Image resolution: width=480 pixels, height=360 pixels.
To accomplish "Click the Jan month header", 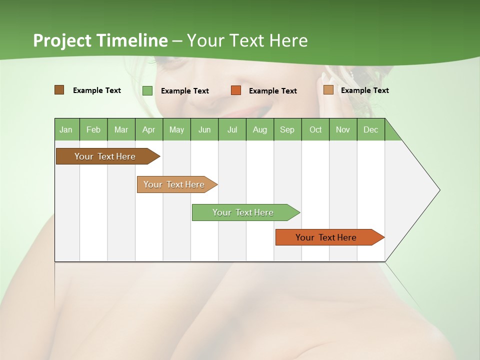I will pos(66,129).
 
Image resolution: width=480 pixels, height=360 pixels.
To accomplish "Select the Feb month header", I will pos(93,129).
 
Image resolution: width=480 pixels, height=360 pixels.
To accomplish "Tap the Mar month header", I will pos(121,129).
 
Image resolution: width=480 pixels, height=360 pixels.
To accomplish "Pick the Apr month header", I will pos(149,129).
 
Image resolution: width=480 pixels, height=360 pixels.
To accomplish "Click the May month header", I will pos(176,129).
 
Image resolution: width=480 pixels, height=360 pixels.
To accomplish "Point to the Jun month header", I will pos(204,129).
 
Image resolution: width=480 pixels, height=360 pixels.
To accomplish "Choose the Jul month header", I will pos(232,129).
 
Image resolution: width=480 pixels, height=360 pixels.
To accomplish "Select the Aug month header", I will pos(260,129).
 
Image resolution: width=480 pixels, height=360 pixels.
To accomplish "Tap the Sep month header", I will pos(287,129).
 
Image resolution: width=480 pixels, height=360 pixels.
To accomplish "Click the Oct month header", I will pos(315,129).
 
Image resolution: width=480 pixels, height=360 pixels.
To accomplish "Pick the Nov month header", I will pos(343,129).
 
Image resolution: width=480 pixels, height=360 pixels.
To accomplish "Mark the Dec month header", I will pos(370,129).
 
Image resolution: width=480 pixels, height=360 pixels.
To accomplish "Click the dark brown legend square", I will pos(59,90).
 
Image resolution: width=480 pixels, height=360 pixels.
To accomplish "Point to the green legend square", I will pos(147,90).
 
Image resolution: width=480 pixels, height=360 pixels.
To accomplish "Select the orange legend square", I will pos(236,90).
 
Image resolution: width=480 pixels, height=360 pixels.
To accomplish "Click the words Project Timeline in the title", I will pos(100,40).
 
